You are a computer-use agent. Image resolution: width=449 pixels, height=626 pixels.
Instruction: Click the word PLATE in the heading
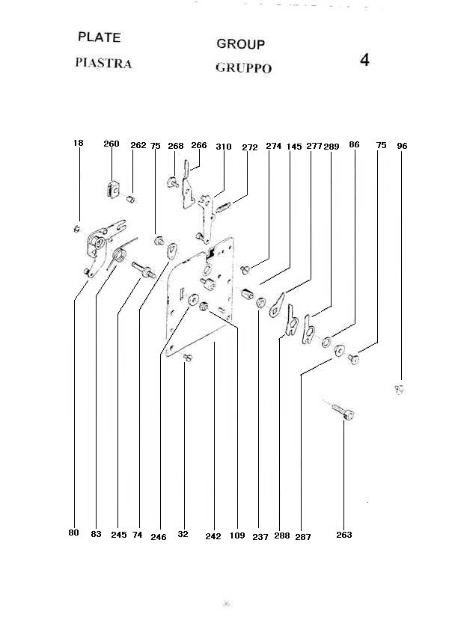click(99, 37)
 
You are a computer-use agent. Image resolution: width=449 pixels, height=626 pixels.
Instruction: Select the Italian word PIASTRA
click(103, 63)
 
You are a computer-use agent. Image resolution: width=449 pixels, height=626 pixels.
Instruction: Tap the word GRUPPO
click(243, 68)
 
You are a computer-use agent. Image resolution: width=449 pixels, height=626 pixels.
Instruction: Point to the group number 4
click(364, 61)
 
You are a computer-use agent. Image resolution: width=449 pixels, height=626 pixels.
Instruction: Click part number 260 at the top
click(112, 144)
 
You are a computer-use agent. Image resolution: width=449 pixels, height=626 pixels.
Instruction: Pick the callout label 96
click(403, 146)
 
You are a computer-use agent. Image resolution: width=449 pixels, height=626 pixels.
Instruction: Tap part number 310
click(223, 147)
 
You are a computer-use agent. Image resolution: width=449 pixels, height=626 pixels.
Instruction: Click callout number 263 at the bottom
click(344, 535)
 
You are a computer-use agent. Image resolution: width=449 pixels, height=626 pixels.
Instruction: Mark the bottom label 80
click(73, 533)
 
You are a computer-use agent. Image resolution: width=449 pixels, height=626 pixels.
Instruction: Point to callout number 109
click(237, 535)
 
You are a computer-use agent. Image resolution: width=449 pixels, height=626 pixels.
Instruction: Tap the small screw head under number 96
click(399, 388)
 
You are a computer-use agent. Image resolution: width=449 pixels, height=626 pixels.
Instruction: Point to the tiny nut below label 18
click(77, 227)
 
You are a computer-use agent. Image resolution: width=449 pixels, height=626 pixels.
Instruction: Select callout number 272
click(250, 147)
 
